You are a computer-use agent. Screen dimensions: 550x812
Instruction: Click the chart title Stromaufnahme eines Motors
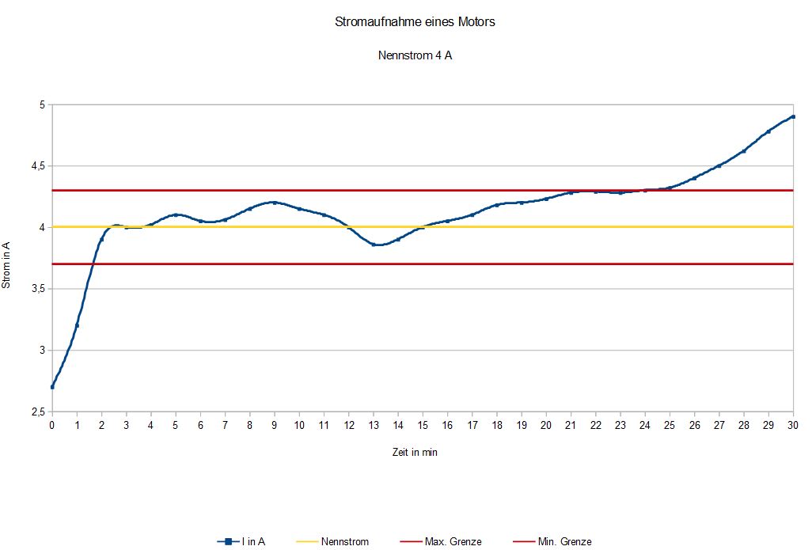tap(415, 22)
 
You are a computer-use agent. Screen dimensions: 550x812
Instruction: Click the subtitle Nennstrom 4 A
tap(415, 56)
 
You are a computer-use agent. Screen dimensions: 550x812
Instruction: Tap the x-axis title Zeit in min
tap(415, 453)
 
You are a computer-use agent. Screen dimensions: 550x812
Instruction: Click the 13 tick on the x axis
tap(374, 426)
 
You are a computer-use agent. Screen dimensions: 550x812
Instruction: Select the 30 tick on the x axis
tap(793, 426)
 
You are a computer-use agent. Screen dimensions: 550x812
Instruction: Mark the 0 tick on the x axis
tap(52, 426)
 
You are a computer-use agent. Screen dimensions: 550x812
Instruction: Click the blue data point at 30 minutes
tap(793, 116)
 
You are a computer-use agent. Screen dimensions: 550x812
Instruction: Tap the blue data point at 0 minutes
tap(52, 387)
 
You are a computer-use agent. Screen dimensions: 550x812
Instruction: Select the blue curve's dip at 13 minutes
tap(374, 245)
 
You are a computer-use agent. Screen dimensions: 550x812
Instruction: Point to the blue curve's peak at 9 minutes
tap(275, 203)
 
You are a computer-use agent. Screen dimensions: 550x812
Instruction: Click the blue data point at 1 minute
tap(77, 325)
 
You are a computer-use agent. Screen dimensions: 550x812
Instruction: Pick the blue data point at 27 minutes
tap(719, 166)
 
